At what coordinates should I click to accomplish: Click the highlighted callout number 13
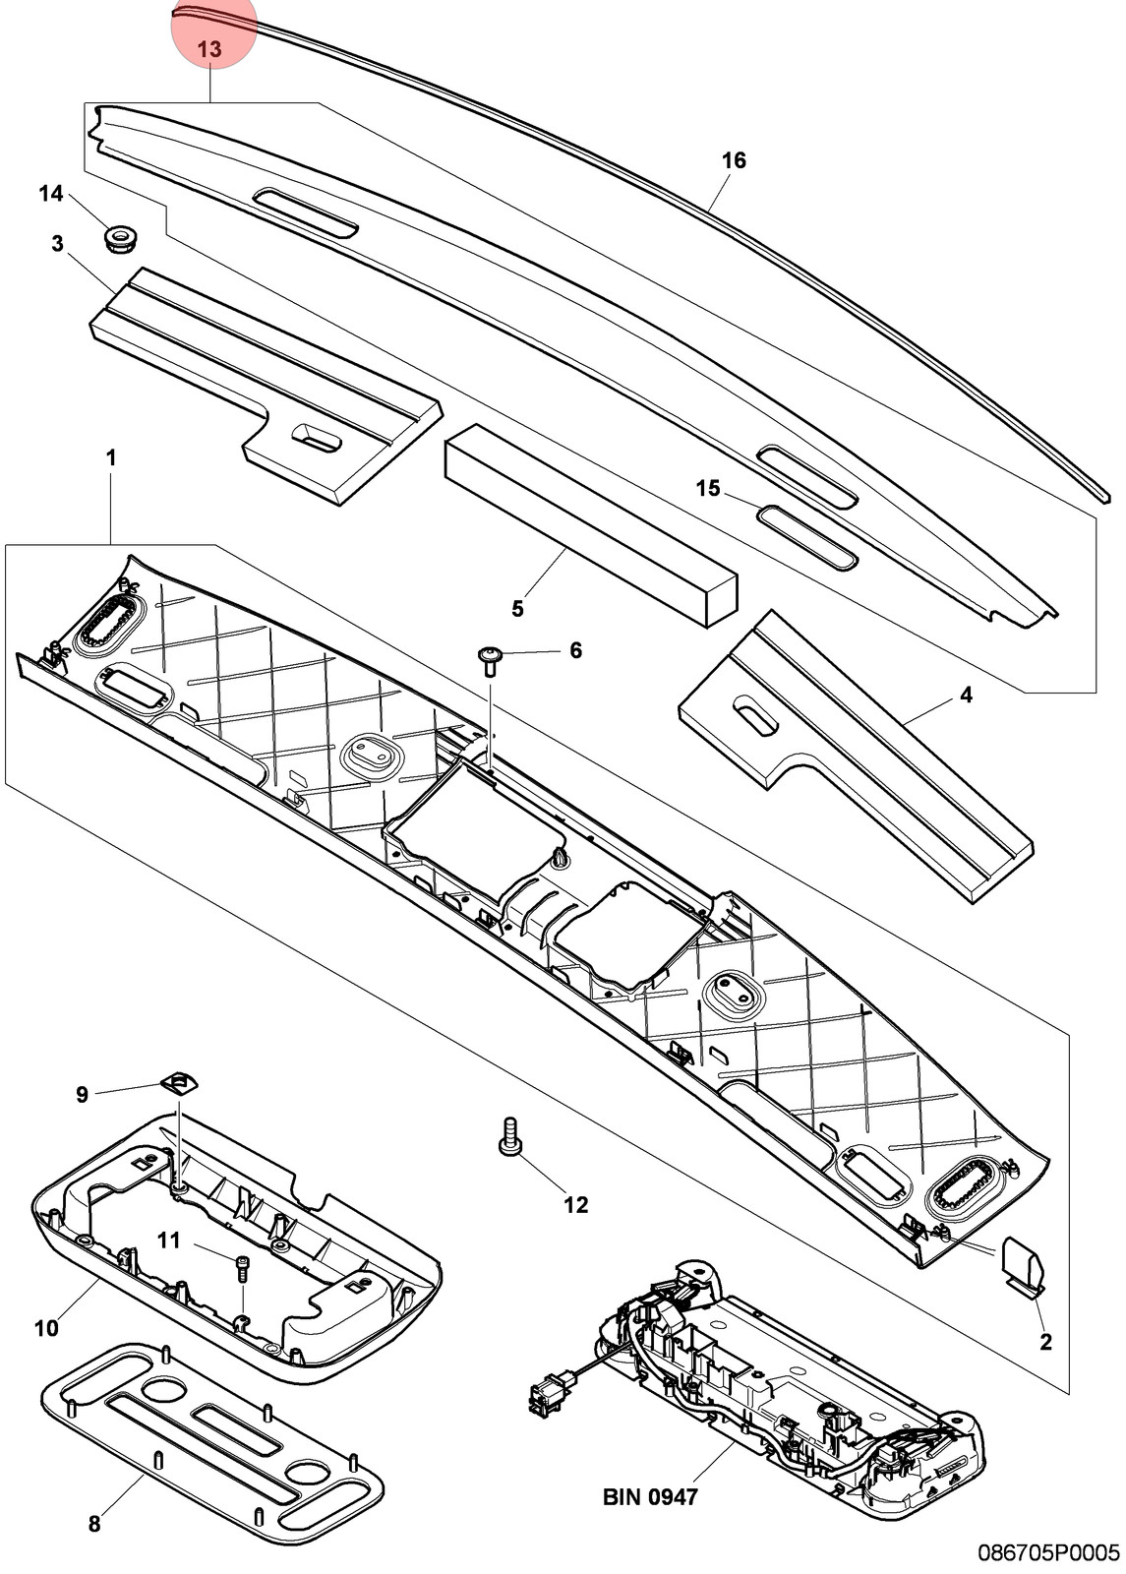[x=209, y=50]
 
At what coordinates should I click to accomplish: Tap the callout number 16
[x=734, y=160]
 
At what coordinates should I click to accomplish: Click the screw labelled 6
[x=490, y=660]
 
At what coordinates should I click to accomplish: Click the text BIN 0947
[x=650, y=1496]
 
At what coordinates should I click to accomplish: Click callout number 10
[x=46, y=1328]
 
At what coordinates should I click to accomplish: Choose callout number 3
[x=58, y=244]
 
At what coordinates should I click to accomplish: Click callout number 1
[x=111, y=458]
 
